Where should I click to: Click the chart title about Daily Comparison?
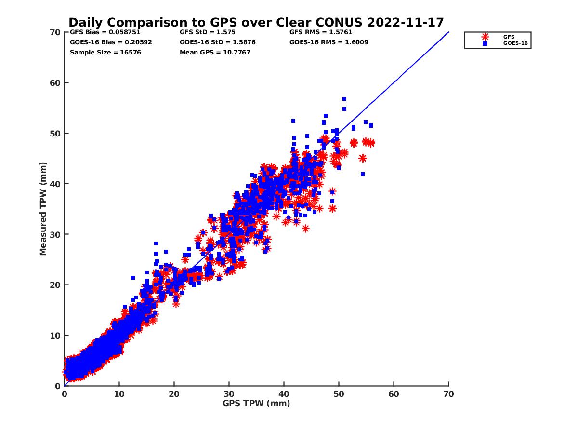(x=256, y=22)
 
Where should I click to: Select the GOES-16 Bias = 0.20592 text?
(x=111, y=42)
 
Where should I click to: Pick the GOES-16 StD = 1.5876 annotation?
(x=217, y=42)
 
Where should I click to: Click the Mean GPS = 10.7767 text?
(x=215, y=52)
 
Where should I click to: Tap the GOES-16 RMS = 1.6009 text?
(x=328, y=42)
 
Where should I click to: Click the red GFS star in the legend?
(x=485, y=37)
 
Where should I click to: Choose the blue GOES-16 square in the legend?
(x=485, y=43)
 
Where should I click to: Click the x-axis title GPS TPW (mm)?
(x=256, y=403)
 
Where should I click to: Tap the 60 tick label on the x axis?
(x=394, y=394)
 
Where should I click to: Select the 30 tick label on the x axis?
(x=229, y=394)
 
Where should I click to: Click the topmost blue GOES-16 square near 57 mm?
(x=344, y=99)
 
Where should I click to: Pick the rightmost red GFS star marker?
(x=371, y=143)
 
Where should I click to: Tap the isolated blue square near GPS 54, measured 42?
(x=363, y=174)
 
